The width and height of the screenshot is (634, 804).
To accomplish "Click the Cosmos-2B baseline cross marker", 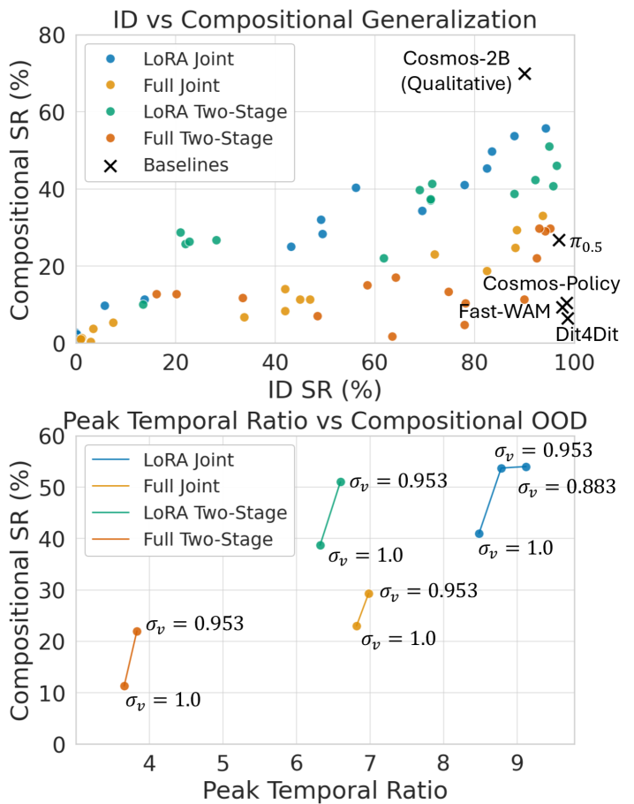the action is pyautogui.click(x=525, y=74).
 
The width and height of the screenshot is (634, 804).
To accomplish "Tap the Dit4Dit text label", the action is pyautogui.click(x=587, y=334).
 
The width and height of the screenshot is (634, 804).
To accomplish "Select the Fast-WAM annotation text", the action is pyautogui.click(x=504, y=311).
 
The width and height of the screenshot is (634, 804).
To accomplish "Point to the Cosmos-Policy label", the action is pyautogui.click(x=551, y=284).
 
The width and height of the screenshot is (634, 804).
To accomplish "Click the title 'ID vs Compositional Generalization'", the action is pyautogui.click(x=325, y=20).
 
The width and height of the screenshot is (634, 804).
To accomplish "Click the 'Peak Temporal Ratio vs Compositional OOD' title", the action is pyautogui.click(x=325, y=421).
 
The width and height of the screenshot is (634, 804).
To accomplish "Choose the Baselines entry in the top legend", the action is pyautogui.click(x=186, y=165).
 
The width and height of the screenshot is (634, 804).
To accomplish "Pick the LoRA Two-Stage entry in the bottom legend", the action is pyautogui.click(x=215, y=512).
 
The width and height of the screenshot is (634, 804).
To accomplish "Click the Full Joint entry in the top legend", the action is pyautogui.click(x=181, y=85).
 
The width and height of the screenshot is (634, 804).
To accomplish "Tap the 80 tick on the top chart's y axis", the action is pyautogui.click(x=52, y=35).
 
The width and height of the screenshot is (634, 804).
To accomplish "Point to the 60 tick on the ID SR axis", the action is pyautogui.click(x=374, y=362).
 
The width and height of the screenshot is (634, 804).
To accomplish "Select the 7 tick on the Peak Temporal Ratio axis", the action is pyautogui.click(x=369, y=763).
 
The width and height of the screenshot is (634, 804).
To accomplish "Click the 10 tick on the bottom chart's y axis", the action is pyautogui.click(x=52, y=693).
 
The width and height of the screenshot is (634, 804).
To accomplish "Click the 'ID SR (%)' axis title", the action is pyautogui.click(x=325, y=390).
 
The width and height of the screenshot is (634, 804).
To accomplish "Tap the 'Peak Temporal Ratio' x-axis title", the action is pyautogui.click(x=325, y=790).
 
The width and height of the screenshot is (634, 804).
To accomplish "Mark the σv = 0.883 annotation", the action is pyautogui.click(x=566, y=487).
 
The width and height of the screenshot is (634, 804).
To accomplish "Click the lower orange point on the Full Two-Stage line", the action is pyautogui.click(x=124, y=686).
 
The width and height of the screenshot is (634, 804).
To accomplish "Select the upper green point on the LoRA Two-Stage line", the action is pyautogui.click(x=341, y=482).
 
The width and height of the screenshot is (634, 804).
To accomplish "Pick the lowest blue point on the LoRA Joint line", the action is pyautogui.click(x=479, y=534).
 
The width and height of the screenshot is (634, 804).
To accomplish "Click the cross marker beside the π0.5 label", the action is pyautogui.click(x=559, y=240).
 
